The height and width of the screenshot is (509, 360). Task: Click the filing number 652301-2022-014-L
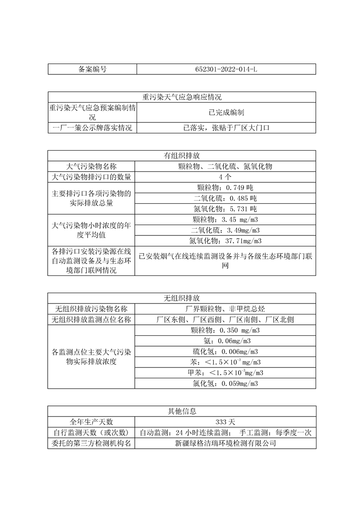[226, 69]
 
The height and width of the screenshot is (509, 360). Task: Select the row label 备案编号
[92, 69]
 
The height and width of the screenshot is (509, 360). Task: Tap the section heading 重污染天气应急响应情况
[182, 97]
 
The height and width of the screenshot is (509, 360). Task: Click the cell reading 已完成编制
[226, 113]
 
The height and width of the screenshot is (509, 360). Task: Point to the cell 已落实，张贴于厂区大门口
[226, 128]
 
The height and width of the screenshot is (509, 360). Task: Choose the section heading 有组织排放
[182, 155]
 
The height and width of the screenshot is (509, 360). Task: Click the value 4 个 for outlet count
[226, 177]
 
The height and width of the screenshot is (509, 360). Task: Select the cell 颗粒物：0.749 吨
[226, 187]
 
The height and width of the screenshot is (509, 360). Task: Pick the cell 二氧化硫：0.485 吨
[226, 198]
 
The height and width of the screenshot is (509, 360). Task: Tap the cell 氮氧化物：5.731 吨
[226, 209]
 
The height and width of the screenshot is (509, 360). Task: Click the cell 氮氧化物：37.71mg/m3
[226, 240]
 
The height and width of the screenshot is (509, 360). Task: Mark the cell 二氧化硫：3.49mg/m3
[226, 230]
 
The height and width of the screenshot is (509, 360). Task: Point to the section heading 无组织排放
[182, 299]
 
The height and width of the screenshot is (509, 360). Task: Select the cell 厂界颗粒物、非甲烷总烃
[226, 309]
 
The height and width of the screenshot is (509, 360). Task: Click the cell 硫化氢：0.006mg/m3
[226, 352]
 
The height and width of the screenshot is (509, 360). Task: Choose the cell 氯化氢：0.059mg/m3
[226, 383]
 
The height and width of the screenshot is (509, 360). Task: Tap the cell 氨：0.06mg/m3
[226, 341]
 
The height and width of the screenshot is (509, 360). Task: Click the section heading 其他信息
[182, 411]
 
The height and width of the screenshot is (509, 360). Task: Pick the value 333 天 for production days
[226, 422]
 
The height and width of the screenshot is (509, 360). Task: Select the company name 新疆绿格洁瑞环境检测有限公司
[226, 443]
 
